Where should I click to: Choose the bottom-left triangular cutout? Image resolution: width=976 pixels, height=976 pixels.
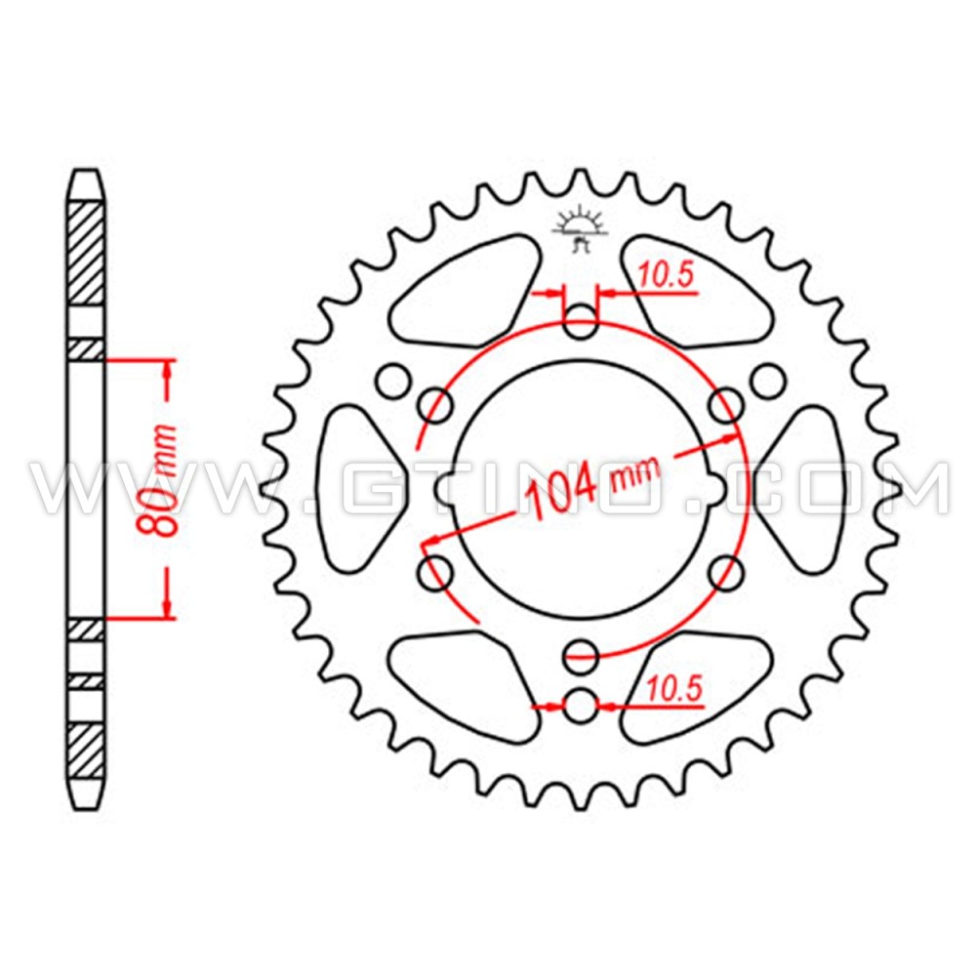click(468, 683)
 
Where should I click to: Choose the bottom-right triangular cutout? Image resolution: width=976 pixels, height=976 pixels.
click(695, 683)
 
